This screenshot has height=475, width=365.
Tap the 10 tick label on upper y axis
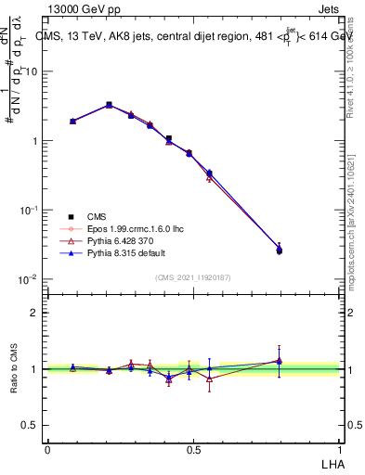(x=32, y=71)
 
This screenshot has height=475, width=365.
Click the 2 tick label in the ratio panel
(x=35, y=313)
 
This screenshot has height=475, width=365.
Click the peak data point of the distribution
(x=109, y=105)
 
